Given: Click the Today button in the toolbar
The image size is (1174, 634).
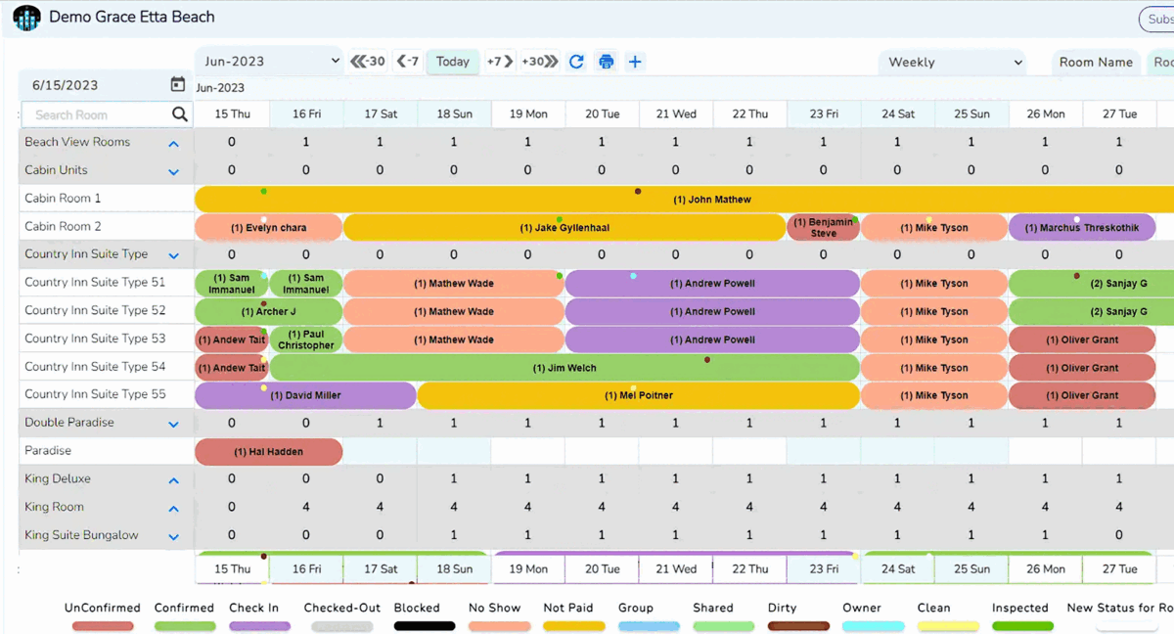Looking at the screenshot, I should click(x=452, y=62).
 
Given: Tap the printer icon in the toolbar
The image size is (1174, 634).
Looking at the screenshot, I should click(x=607, y=62).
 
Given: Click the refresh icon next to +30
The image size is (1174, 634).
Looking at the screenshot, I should click(x=576, y=62).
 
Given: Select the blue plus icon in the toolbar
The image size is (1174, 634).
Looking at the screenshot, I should click(x=635, y=62).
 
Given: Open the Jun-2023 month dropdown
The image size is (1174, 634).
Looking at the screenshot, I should click(x=269, y=62).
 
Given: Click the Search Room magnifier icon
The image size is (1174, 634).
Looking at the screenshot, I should click(x=179, y=114).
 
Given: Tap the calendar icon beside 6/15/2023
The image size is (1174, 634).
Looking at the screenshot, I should click(x=177, y=85).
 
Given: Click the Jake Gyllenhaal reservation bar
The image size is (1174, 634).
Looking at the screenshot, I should click(x=564, y=228).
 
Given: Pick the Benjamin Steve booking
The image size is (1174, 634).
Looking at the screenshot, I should click(x=823, y=228).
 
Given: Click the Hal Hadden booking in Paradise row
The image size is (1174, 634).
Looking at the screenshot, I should click(x=268, y=452).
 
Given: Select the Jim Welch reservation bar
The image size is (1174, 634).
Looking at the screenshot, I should click(x=564, y=368).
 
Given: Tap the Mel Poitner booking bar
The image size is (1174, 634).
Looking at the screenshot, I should click(x=638, y=396).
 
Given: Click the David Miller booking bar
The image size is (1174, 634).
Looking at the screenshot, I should click(x=305, y=396).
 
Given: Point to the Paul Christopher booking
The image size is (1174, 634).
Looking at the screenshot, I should click(x=306, y=340).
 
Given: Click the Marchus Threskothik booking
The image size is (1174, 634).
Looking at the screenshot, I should click(x=1081, y=228).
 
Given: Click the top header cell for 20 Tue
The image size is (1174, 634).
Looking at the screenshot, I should click(x=602, y=114).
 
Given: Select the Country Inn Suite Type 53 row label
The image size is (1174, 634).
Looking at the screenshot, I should click(x=95, y=339).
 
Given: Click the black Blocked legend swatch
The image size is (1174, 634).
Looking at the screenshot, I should click(x=424, y=626).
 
